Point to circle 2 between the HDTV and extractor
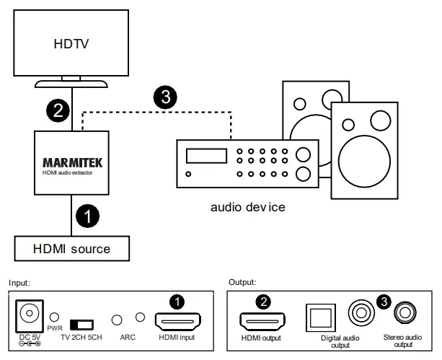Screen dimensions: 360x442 click(57, 110)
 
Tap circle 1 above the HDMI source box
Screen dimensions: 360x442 click(87, 215)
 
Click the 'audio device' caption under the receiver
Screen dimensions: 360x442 click(247, 207)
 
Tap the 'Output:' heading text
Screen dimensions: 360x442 click(242, 282)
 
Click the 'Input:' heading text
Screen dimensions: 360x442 click(20, 282)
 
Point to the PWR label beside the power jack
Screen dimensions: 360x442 click(55, 328)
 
